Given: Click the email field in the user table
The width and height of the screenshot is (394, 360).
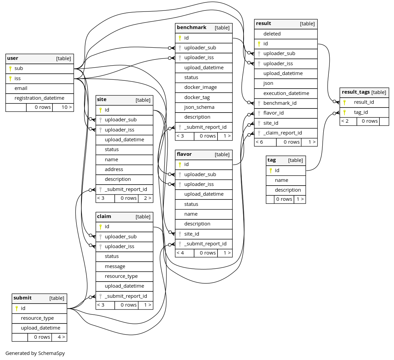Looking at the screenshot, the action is (x=21, y=88).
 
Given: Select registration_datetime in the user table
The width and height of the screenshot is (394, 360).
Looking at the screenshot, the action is (x=40, y=98).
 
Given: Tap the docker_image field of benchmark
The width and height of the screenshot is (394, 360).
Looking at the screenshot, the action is (x=201, y=87).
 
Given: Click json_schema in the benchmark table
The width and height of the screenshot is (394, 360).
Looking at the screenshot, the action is (x=199, y=107).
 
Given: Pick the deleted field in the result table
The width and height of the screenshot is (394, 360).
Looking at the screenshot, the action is (x=272, y=34).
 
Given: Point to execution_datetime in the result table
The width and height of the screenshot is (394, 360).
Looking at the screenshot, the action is (x=286, y=93).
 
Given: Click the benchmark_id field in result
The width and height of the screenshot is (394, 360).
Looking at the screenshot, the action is (x=280, y=103).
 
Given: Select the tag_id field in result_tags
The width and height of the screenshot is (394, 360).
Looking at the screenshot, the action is (x=361, y=112).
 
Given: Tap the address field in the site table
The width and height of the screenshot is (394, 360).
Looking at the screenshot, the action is (x=114, y=169).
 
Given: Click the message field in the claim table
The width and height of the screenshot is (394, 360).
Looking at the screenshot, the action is (x=115, y=266).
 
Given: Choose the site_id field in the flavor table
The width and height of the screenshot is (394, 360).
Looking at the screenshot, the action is (x=192, y=234).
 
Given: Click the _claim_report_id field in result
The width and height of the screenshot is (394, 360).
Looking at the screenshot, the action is (x=283, y=133).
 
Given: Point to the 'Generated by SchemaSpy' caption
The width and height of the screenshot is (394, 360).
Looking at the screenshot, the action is (x=35, y=353).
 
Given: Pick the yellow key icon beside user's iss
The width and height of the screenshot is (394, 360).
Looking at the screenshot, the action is (x=10, y=78).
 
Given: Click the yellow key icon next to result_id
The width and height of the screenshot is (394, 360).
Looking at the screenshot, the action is (x=345, y=102).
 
